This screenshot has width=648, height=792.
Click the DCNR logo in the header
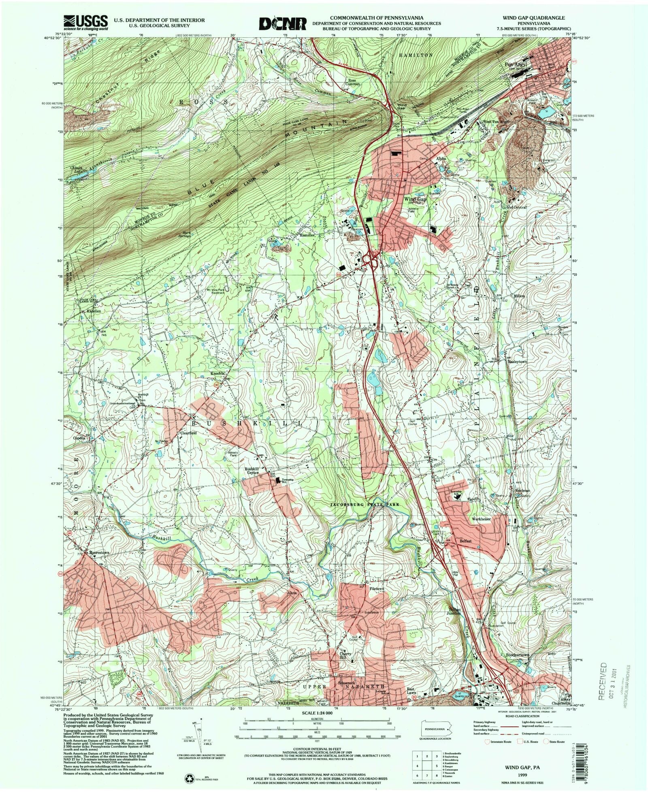[x=283, y=23]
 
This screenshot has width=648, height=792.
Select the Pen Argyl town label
[x=515, y=64]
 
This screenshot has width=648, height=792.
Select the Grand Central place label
[x=514, y=207]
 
